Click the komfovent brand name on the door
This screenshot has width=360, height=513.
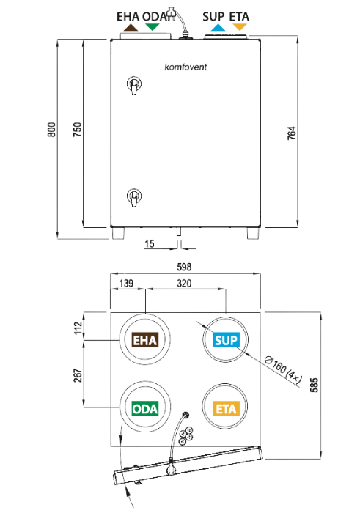click(x=185, y=67)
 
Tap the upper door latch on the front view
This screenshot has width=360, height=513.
click(x=134, y=85)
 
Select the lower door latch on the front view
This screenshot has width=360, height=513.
click(x=134, y=197)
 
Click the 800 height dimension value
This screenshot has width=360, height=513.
click(x=52, y=130)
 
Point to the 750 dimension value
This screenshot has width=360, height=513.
click(x=77, y=130)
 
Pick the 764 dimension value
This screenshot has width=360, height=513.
click(x=292, y=133)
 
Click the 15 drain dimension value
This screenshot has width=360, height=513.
click(x=150, y=244)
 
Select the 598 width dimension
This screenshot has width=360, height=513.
click(x=184, y=267)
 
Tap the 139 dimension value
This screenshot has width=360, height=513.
click(x=126, y=284)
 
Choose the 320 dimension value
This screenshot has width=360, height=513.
click(x=184, y=284)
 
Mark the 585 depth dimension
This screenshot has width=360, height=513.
click(x=314, y=385)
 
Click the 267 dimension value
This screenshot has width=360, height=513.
click(x=78, y=375)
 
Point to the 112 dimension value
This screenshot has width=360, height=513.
click(x=78, y=328)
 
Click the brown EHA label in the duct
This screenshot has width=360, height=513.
click(x=145, y=340)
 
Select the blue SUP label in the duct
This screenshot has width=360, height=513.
click(x=226, y=340)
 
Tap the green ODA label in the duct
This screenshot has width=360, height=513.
click(x=145, y=409)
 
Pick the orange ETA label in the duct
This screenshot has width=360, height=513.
click(x=226, y=409)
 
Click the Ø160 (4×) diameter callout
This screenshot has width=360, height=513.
click(x=283, y=369)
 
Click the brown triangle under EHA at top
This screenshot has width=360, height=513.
click(x=131, y=27)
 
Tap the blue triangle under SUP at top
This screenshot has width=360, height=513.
click(x=218, y=27)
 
